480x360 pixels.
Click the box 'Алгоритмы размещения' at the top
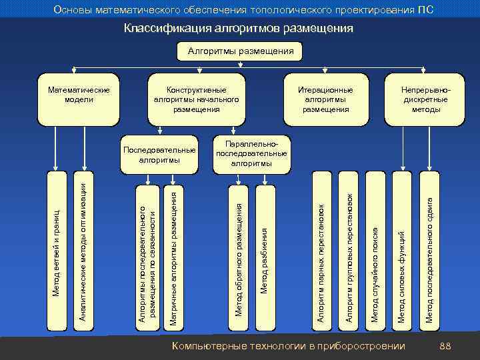click(240, 51)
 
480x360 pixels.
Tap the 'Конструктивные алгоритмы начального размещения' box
click(196, 99)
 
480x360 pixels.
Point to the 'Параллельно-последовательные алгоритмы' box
click(251, 153)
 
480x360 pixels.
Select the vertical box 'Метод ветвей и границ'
click(57, 251)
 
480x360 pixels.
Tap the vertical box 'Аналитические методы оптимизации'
click(81, 251)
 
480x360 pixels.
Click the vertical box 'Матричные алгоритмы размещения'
click(173, 251)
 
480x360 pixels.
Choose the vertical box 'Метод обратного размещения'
click(239, 251)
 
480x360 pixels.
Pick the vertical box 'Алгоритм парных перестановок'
click(321, 251)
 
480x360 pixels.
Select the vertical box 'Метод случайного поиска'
click(375, 251)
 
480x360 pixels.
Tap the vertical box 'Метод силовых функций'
click(401, 251)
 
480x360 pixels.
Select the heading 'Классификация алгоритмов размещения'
click(239, 29)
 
